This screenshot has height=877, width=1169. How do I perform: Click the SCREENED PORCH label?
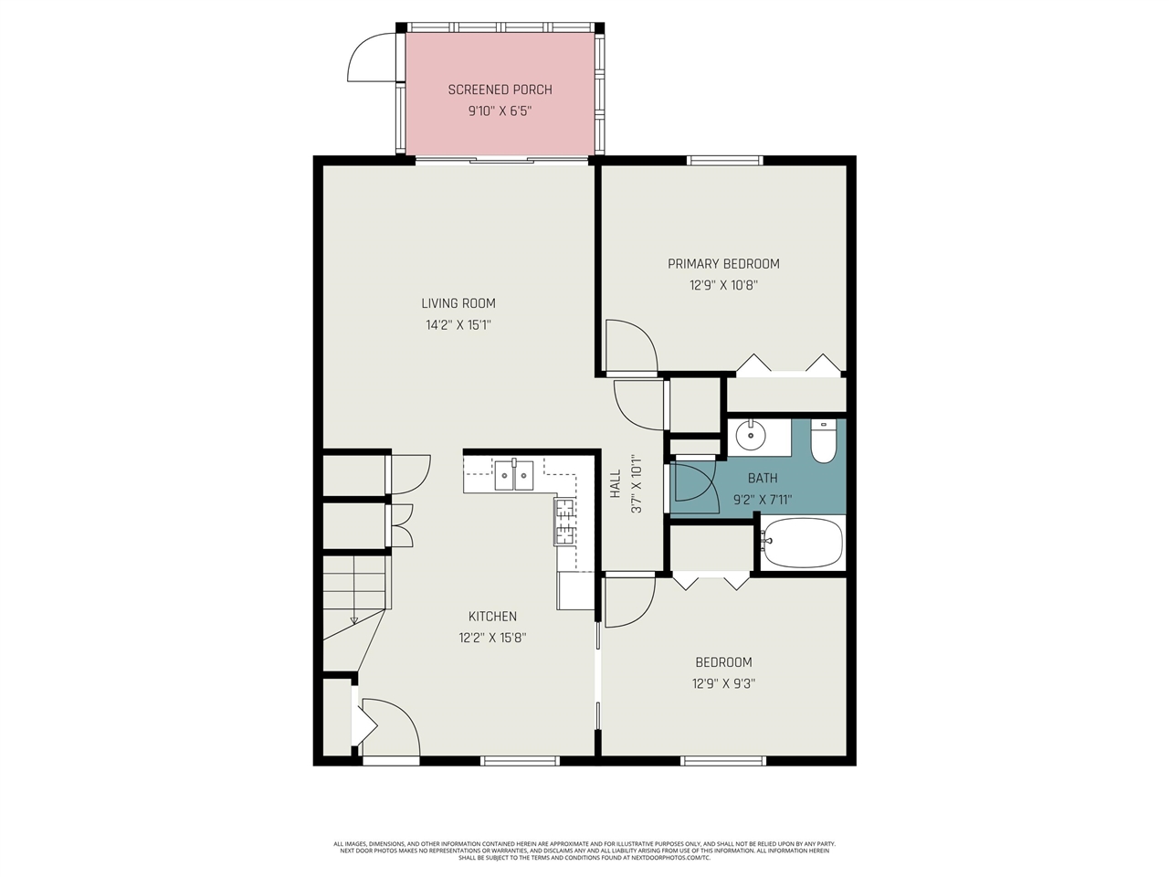pyautogui.click(x=500, y=90)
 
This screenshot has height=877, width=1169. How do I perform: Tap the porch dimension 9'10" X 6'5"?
pyautogui.click(x=500, y=111)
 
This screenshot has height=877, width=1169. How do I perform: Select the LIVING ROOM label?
pyautogui.click(x=458, y=303)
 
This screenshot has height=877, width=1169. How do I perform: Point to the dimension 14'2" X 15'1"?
pyautogui.click(x=458, y=325)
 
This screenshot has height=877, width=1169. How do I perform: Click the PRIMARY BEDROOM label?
pyautogui.click(x=723, y=264)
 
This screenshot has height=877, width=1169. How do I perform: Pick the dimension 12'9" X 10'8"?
pyautogui.click(x=723, y=285)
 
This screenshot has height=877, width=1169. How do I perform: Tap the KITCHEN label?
pyautogui.click(x=492, y=617)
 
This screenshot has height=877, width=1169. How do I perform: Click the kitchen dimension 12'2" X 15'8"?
pyautogui.click(x=492, y=639)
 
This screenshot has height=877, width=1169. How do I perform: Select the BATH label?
pyautogui.click(x=763, y=478)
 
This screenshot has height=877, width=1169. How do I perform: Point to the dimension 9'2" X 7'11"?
pyautogui.click(x=763, y=500)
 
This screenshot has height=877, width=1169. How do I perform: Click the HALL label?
pyautogui.click(x=616, y=483)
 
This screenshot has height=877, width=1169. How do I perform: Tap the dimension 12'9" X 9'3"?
pyautogui.click(x=723, y=684)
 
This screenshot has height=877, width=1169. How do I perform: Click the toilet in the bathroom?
pyautogui.click(x=824, y=439)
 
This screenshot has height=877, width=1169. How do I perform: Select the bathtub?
pyautogui.click(x=803, y=543)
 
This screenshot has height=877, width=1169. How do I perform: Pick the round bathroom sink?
pyautogui.click(x=752, y=436)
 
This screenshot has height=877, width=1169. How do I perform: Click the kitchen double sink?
pyautogui.click(x=514, y=475)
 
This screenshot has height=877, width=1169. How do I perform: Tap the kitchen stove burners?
pyautogui.click(x=565, y=522)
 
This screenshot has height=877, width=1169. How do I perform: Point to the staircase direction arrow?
pyautogui.click(x=354, y=620)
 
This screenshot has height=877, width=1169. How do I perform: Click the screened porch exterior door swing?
pyautogui.click(x=373, y=57)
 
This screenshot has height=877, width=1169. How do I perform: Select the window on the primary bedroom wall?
pyautogui.click(x=724, y=161)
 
